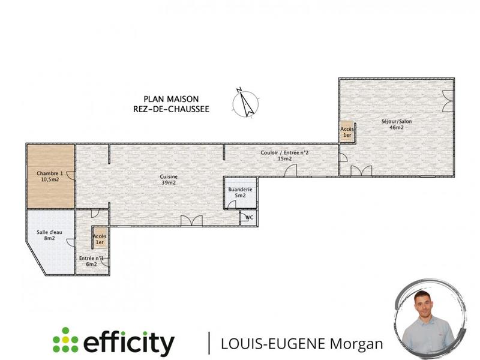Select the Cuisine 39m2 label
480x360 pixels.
168,179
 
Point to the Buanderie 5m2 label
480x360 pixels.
240,192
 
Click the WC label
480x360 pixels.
248,218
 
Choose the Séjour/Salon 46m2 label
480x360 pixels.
397,124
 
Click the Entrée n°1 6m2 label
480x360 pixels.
91,261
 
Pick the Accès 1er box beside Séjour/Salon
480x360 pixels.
347,132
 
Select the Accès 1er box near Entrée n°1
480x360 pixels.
100,239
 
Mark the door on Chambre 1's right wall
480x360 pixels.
71,176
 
